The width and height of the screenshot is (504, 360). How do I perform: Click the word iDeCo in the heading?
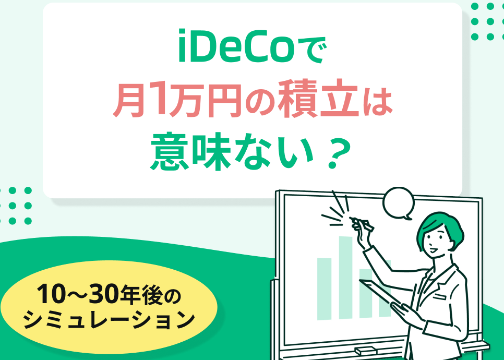click(236, 46)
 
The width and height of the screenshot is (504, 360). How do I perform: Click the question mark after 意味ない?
click(337, 152)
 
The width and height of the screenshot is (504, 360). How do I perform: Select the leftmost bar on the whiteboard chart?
click(325, 289)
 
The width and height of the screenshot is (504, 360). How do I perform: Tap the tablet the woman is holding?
click(380, 291)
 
